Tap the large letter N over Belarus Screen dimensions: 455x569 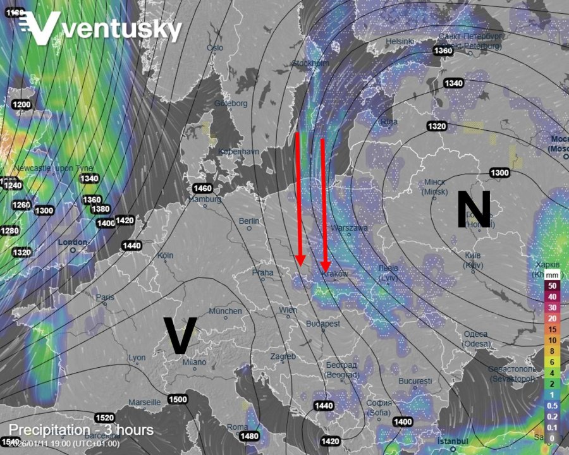[474, 209]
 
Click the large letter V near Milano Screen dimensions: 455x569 [180, 335]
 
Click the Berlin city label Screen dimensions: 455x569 [249, 221]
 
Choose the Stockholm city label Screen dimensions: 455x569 [310, 63]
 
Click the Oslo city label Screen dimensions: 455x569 [215, 47]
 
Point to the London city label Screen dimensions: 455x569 [72, 242]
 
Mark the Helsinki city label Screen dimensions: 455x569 [400, 42]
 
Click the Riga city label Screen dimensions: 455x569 [389, 121]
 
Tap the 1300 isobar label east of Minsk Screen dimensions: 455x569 [500, 173]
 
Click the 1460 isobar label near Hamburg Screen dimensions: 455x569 [202, 188]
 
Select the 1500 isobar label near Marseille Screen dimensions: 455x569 [178, 399]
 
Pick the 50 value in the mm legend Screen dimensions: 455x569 [552, 286]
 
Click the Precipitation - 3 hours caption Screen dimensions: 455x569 [81, 430]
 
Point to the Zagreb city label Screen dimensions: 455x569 [283, 356]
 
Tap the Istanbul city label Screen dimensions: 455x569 [455, 440]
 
